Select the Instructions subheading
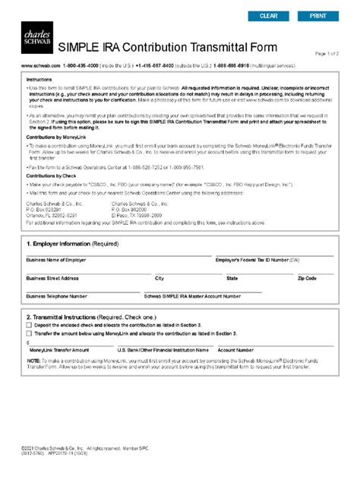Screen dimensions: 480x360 (x=39, y=79)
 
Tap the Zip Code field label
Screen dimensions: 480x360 (x=307, y=279)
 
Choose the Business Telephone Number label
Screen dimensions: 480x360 (x=57, y=296)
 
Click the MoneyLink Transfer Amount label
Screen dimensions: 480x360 (x=60, y=350)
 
